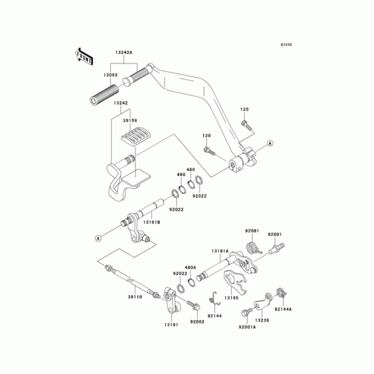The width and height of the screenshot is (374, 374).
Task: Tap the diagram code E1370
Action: tap(286, 45)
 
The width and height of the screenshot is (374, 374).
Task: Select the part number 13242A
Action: tap(124, 53)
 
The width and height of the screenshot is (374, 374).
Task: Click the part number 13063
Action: tap(110, 74)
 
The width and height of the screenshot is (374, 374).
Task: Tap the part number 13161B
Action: tap(152, 223)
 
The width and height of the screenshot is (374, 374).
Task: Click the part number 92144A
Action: tap(283, 309)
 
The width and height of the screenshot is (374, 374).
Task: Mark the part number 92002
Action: tap(197, 322)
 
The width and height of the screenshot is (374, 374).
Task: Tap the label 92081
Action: tap(252, 231)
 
